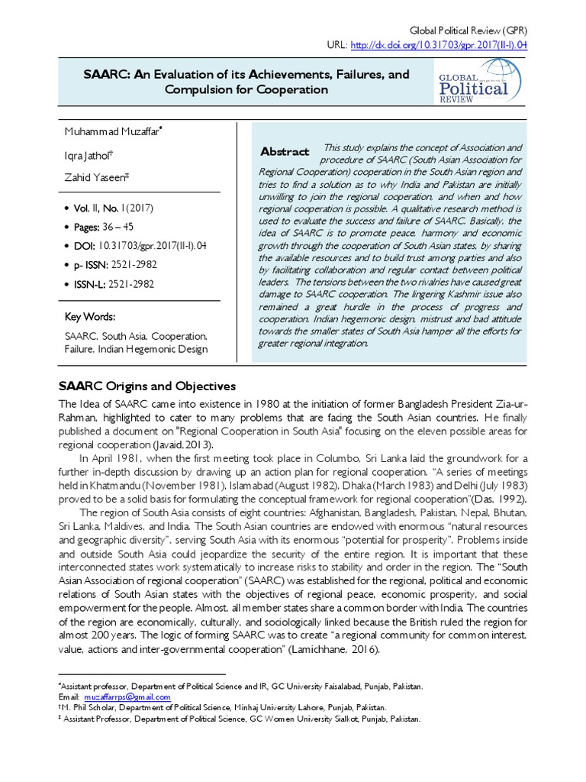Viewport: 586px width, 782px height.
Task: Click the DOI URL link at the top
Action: tap(438, 45)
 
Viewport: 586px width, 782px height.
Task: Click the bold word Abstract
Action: tap(285, 152)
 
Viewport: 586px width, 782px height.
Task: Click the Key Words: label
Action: tap(90, 317)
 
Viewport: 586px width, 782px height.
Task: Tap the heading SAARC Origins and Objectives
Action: tap(147, 386)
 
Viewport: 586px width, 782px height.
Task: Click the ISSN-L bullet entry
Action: tap(114, 284)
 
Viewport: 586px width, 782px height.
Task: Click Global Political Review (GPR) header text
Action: tap(468, 31)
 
